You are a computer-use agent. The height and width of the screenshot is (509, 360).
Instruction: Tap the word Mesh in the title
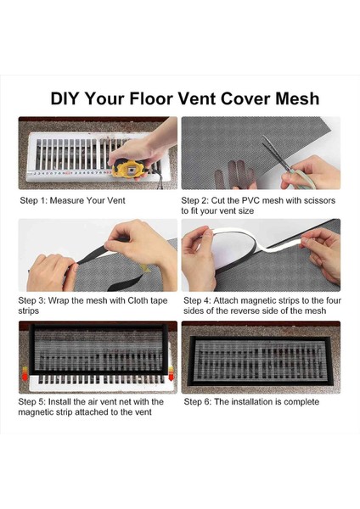click(x=297, y=98)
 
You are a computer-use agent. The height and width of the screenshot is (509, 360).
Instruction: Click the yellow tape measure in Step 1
click(x=129, y=169)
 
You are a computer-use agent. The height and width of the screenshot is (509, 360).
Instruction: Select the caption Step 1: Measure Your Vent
click(x=72, y=200)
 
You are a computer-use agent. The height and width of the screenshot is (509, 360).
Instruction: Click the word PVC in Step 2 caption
click(x=250, y=200)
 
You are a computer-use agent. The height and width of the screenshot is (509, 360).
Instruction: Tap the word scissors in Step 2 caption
click(x=319, y=200)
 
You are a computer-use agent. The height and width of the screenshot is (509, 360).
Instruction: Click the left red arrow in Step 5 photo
click(x=25, y=373)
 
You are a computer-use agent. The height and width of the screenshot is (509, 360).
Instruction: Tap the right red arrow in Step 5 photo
click(x=171, y=373)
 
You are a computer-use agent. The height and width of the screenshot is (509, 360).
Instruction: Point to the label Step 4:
click(x=197, y=300)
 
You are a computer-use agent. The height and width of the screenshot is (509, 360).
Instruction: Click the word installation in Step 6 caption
click(x=252, y=402)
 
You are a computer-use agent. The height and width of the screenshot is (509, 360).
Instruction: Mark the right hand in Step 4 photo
click(x=322, y=253)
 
